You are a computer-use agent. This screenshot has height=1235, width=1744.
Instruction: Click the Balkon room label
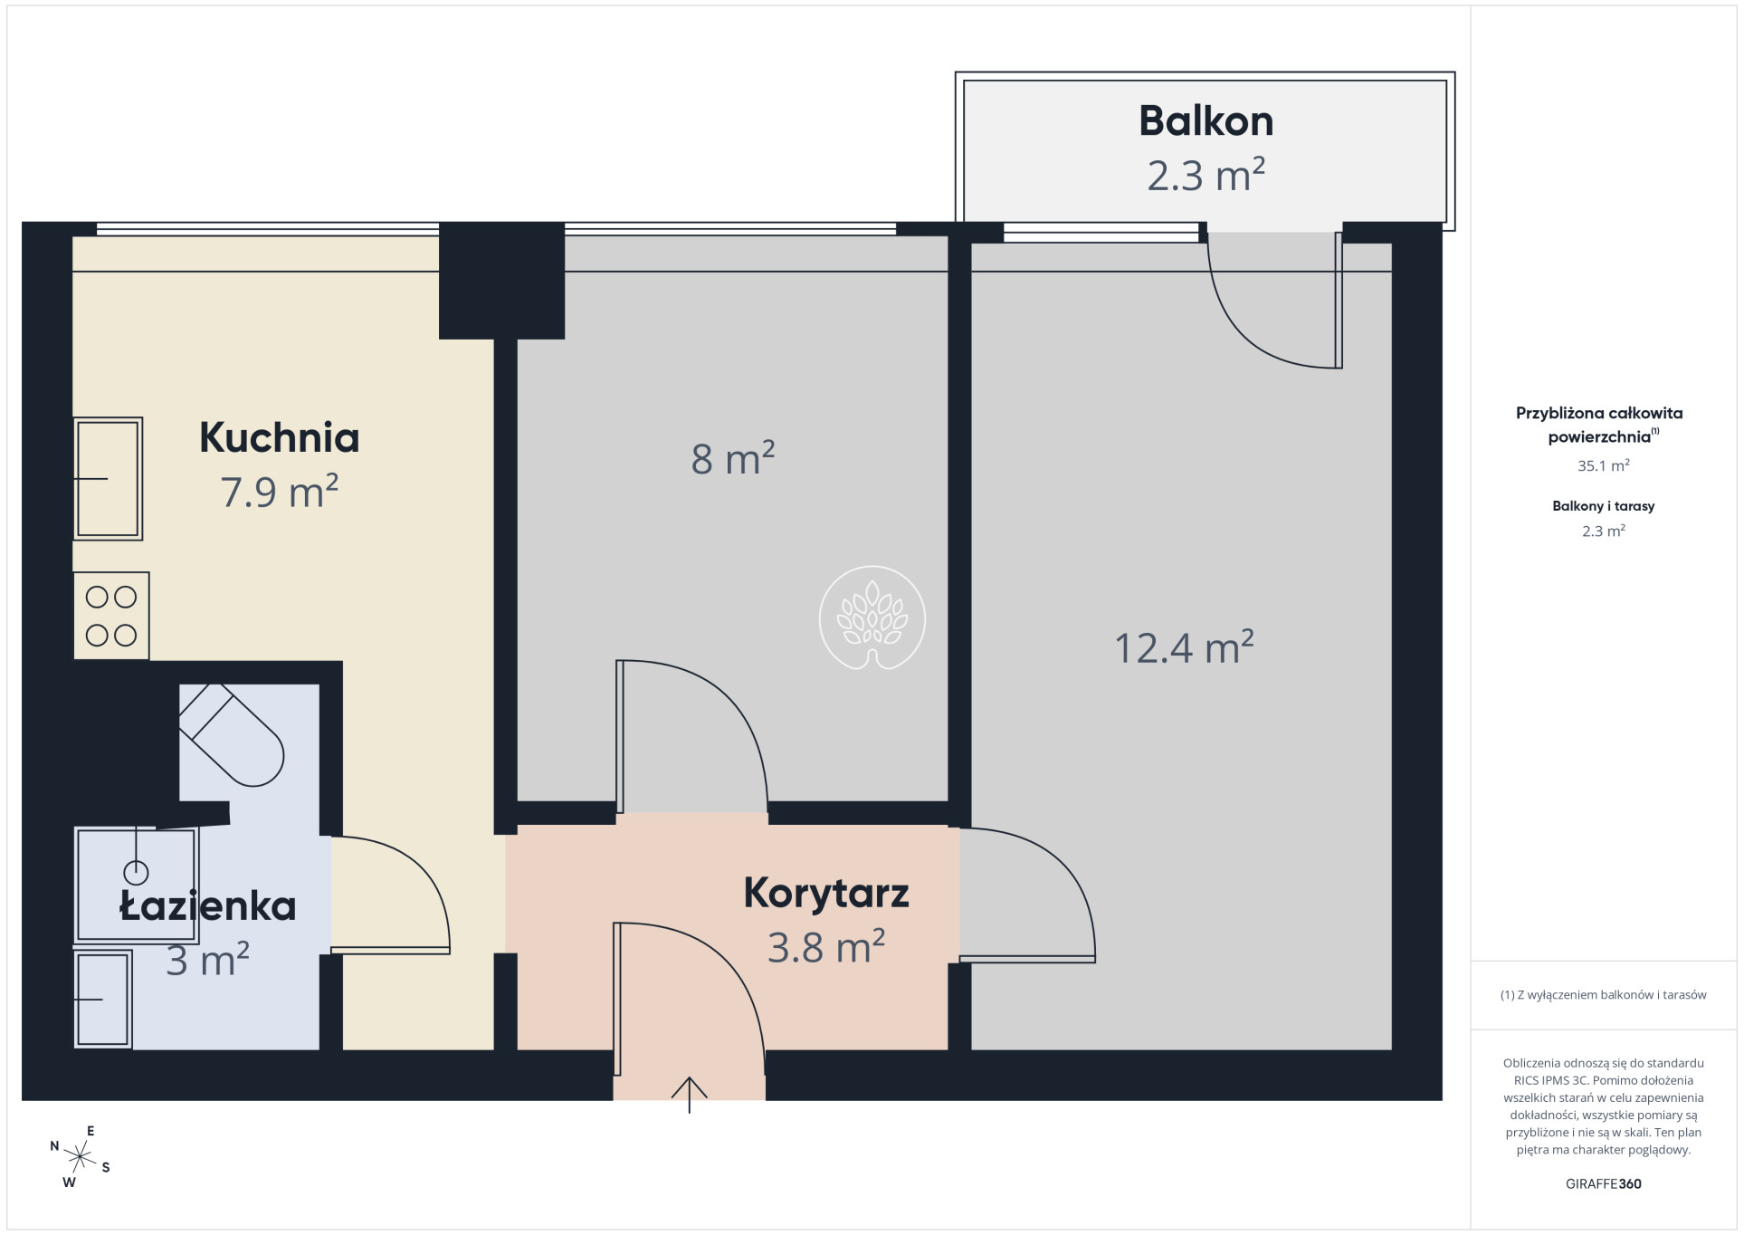[x=1206, y=121]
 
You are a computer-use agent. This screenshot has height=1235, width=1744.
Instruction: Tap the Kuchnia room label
[x=280, y=437]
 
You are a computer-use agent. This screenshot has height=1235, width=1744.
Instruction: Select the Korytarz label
[x=826, y=893]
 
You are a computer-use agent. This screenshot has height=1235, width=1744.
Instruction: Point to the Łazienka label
[x=207, y=905]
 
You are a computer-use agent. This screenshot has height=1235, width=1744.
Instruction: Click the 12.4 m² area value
[x=1184, y=647]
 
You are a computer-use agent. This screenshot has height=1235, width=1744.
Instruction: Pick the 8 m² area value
[x=733, y=458]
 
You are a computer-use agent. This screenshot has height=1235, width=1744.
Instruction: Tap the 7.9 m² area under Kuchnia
[x=280, y=492]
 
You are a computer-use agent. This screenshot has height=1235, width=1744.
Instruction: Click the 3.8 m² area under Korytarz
[x=826, y=947]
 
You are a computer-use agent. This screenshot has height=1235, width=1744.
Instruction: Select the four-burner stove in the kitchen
[x=111, y=616]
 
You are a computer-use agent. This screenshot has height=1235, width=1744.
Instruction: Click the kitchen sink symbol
[x=108, y=479]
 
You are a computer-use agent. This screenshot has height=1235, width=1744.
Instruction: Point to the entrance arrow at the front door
[x=689, y=1095]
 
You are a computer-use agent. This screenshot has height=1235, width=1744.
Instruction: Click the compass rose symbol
[x=80, y=1157]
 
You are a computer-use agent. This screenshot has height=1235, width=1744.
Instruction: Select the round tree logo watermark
[x=872, y=617]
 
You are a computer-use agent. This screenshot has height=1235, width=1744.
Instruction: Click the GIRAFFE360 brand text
[x=1603, y=1183]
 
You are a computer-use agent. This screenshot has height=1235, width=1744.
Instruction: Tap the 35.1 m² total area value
[x=1603, y=465]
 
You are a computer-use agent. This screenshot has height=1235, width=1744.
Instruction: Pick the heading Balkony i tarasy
[x=1603, y=506]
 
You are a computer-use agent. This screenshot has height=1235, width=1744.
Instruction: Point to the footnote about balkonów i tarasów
[x=1603, y=995]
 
